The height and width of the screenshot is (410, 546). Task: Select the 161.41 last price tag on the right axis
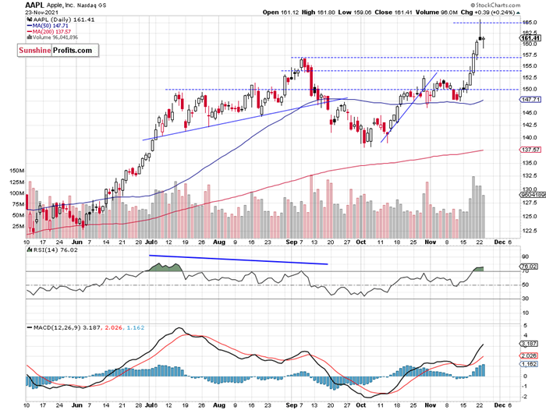pyautogui.click(x=530, y=37)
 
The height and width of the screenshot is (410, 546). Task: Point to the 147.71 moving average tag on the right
pyautogui.click(x=530, y=100)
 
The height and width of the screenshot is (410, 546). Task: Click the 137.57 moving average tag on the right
pyautogui.click(x=530, y=150)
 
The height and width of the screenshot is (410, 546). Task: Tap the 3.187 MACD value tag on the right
pyautogui.click(x=530, y=344)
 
